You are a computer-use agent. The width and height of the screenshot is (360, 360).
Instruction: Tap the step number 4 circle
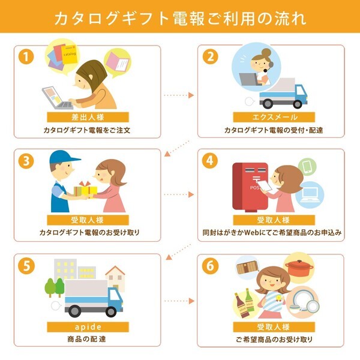pos(210,161)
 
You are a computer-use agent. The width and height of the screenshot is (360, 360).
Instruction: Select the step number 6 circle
pos(210,265)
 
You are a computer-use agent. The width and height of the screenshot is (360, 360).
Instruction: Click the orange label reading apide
pos(88,327)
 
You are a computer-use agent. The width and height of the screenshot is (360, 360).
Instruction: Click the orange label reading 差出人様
pos(88,118)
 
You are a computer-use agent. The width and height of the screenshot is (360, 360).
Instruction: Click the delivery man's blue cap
pos(64,157)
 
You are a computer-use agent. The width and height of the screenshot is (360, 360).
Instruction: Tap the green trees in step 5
pos(55,287)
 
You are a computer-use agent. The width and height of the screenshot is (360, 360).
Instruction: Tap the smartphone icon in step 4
pos(307,166)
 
